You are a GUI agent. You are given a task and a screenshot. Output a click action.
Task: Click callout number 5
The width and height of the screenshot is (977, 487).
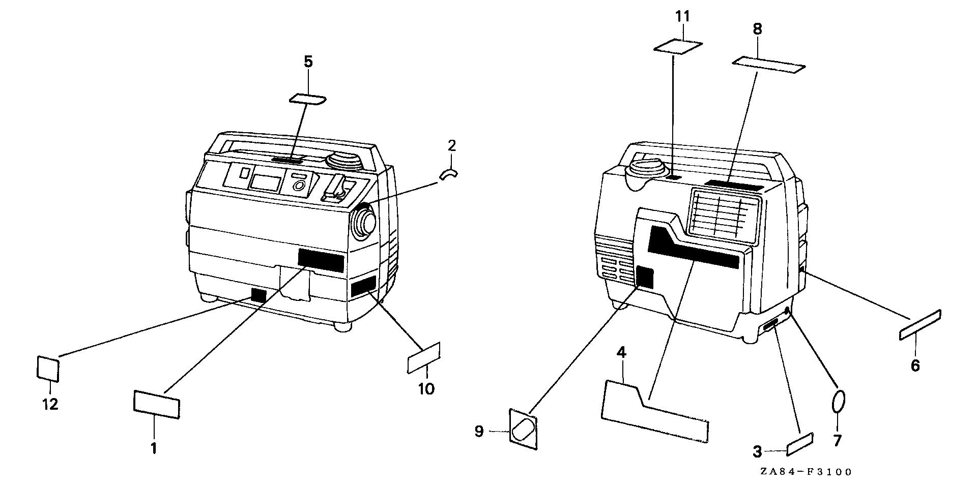[308, 62]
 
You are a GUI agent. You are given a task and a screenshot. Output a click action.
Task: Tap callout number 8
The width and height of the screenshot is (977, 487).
[757, 29]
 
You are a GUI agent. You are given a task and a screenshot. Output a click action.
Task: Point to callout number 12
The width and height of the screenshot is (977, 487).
[50, 405]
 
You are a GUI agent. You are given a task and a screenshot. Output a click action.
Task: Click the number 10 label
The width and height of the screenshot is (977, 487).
[426, 389]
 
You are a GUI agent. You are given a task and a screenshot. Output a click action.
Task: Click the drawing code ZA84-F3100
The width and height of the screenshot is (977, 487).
[806, 472]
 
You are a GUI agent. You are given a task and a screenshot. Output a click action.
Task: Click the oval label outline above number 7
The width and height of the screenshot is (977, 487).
[839, 402]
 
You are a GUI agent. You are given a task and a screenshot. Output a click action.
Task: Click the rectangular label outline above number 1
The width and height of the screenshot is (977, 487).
[156, 404]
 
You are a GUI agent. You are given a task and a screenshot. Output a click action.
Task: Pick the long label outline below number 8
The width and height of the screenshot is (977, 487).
[769, 65]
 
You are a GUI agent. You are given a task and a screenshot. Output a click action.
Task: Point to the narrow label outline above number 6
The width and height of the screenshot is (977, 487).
[920, 325]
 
